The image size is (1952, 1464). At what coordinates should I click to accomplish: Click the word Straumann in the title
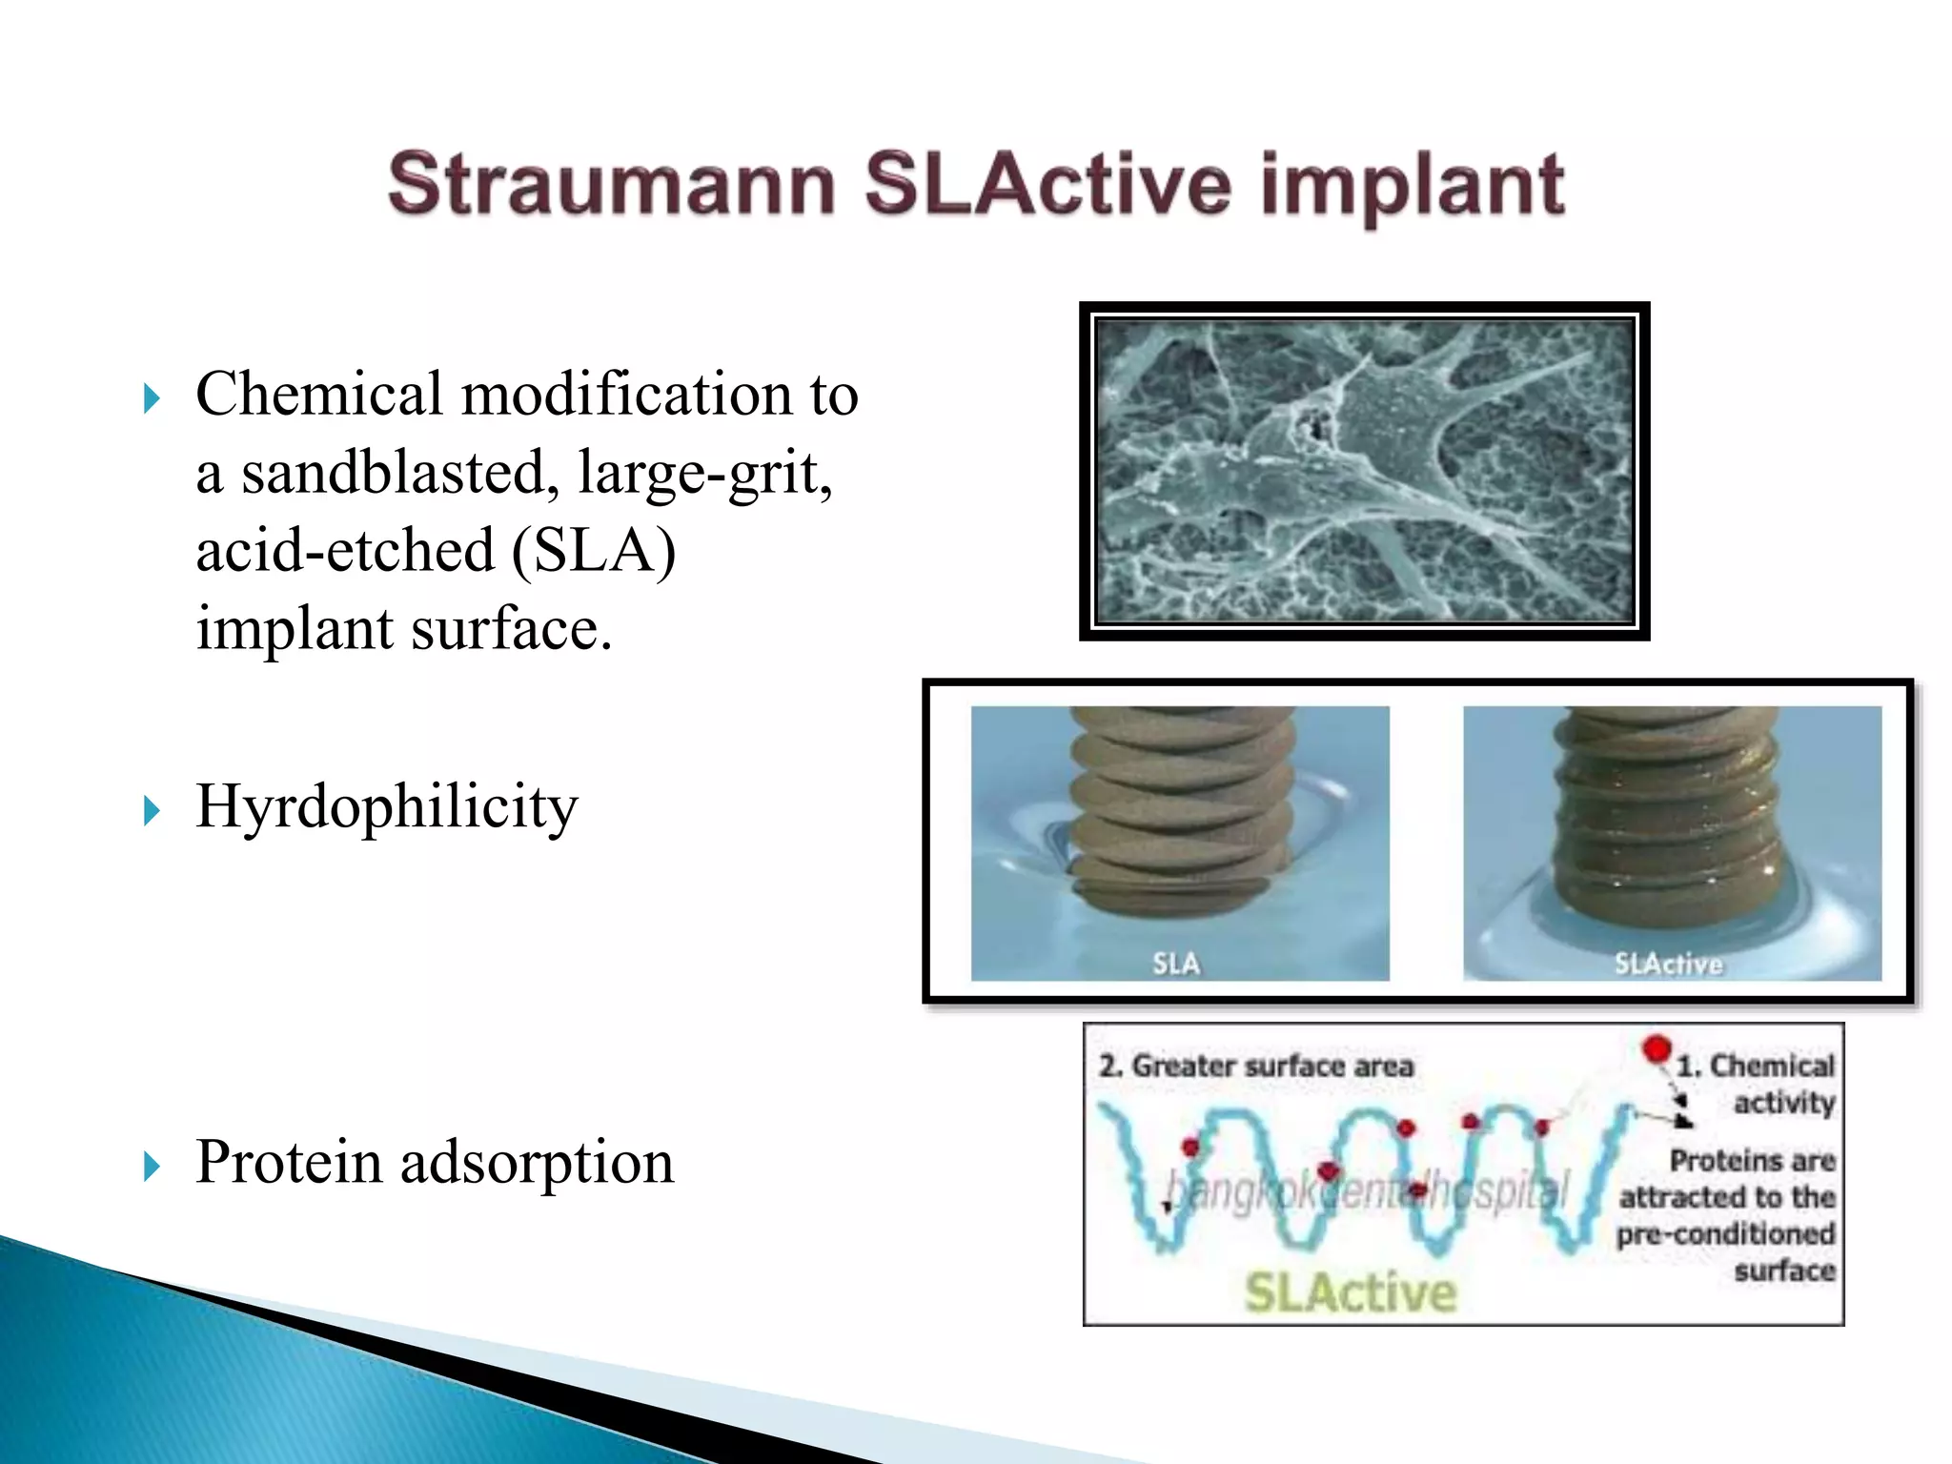click(x=611, y=184)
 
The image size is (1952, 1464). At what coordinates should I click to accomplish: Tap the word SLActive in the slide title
click(x=1047, y=184)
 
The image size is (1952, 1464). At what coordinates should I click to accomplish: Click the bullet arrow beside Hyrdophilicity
click(x=152, y=811)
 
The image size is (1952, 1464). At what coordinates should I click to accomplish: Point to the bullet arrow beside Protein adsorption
click(x=152, y=1166)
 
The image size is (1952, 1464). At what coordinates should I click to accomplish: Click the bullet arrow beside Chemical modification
click(x=152, y=398)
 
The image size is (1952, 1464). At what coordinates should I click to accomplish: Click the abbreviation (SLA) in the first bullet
click(x=594, y=551)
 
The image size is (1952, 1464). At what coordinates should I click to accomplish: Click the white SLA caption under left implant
click(x=1176, y=964)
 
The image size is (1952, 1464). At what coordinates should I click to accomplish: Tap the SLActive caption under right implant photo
click(x=1668, y=965)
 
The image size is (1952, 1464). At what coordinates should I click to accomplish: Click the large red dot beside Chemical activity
click(x=1657, y=1049)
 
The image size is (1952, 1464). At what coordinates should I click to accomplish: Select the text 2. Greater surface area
click(x=1255, y=1066)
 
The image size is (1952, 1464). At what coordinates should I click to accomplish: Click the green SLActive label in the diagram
click(x=1351, y=1293)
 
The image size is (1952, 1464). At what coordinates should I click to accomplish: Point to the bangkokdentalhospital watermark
click(x=1365, y=1191)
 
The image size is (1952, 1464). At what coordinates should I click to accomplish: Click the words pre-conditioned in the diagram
click(x=1725, y=1234)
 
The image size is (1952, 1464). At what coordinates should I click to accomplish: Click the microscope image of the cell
click(x=1364, y=472)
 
